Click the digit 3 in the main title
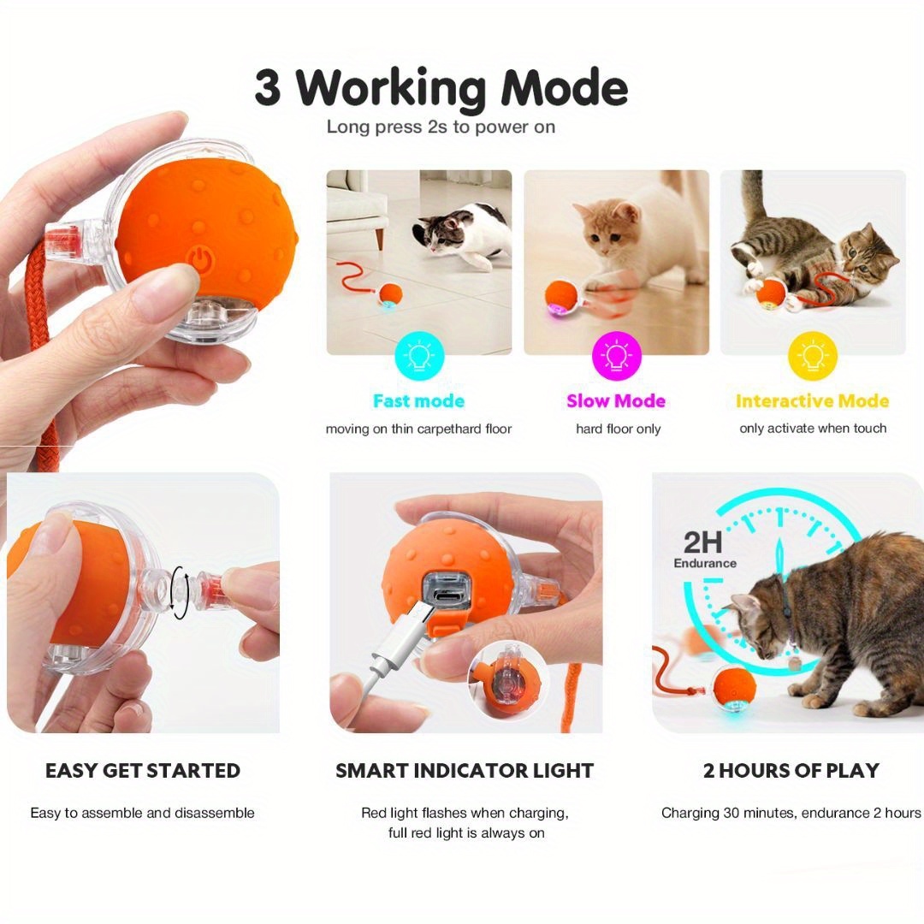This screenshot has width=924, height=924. pyautogui.click(x=268, y=89)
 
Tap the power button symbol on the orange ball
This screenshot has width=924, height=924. pyautogui.click(x=199, y=260)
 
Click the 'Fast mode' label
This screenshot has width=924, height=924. pyautogui.click(x=418, y=401)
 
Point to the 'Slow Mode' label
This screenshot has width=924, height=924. pyautogui.click(x=616, y=401)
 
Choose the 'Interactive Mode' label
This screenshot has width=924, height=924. pyautogui.click(x=812, y=401)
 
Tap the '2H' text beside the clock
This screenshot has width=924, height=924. pyautogui.click(x=703, y=542)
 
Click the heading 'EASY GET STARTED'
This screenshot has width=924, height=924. pyautogui.click(x=143, y=771)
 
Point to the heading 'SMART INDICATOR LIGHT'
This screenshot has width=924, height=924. pyautogui.click(x=465, y=771)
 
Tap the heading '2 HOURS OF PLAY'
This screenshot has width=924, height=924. pyautogui.click(x=791, y=771)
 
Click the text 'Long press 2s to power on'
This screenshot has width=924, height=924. pyautogui.click(x=441, y=127)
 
